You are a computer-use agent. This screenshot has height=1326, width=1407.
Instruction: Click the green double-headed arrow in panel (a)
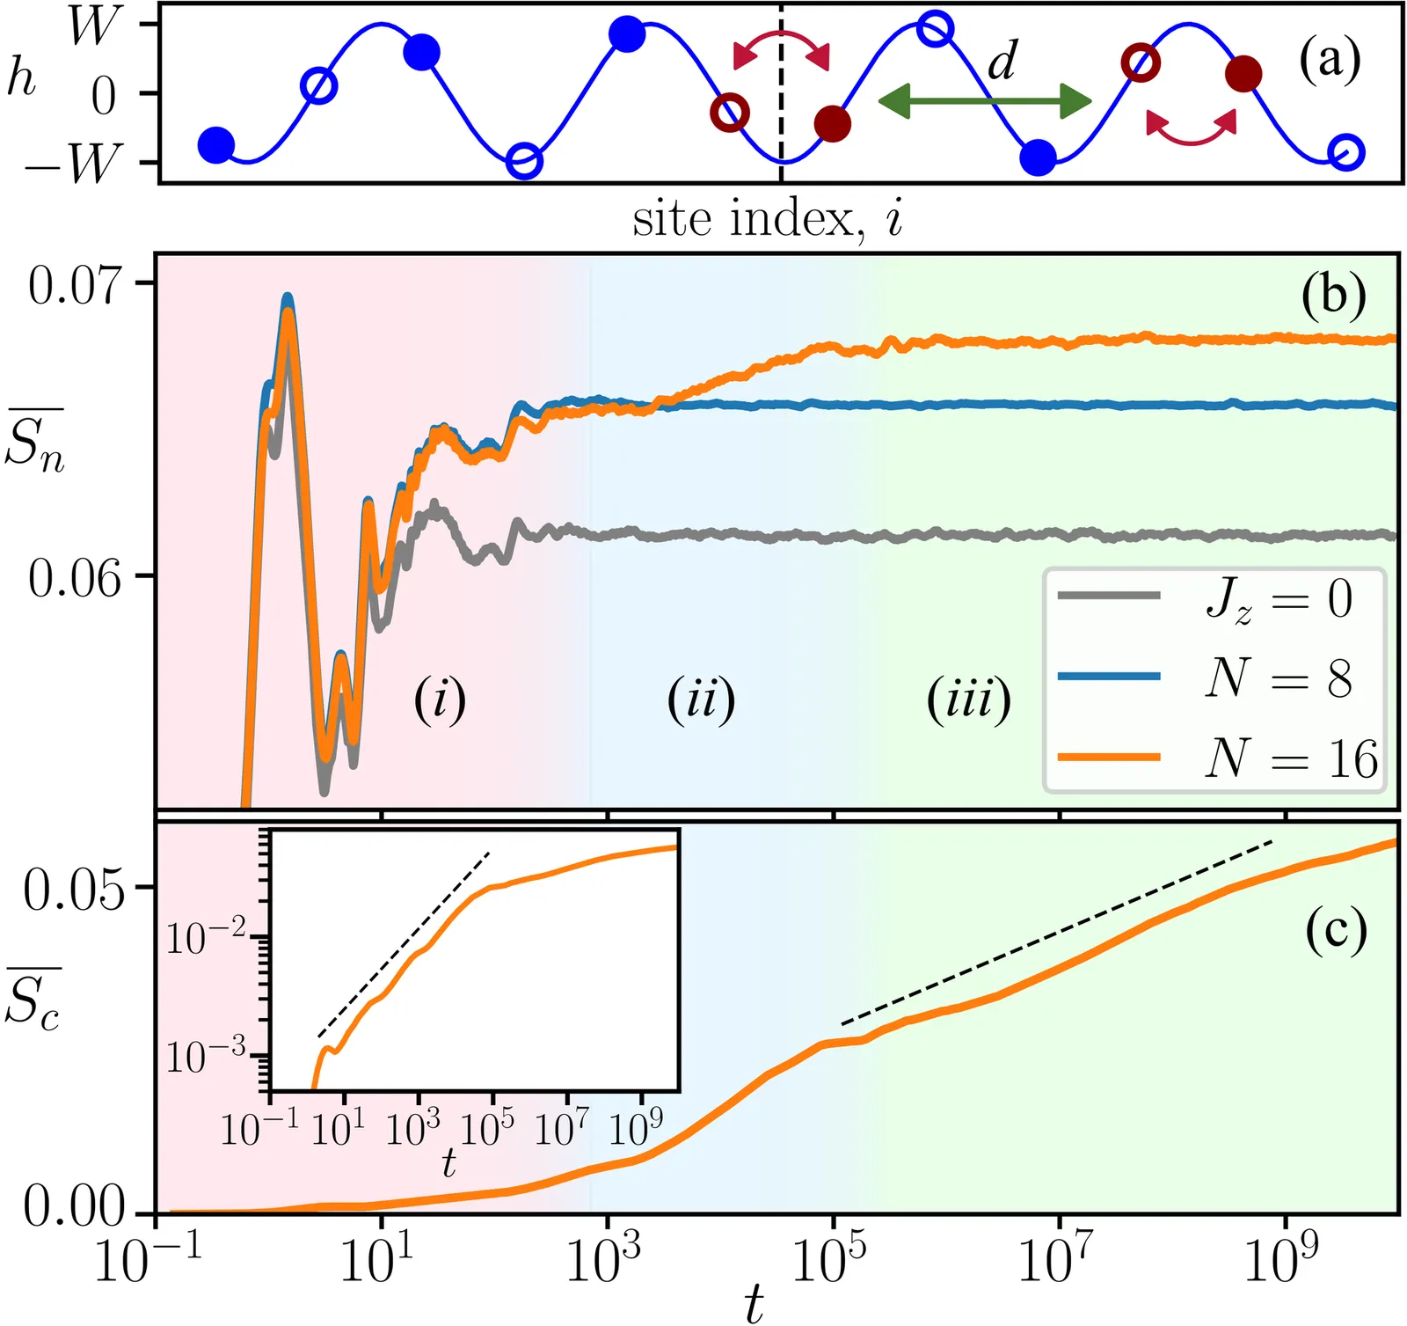[x=985, y=101]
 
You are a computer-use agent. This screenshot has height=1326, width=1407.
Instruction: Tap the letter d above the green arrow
[x=1002, y=61]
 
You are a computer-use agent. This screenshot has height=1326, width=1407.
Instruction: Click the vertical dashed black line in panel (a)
[x=781, y=92]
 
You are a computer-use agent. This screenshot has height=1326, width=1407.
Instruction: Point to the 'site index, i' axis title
[x=768, y=218]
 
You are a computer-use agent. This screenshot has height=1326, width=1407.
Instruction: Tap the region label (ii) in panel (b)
[x=701, y=700]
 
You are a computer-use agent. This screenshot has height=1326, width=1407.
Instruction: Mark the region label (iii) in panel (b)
[x=969, y=700]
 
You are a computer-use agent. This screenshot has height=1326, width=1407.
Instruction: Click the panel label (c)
[x=1336, y=931]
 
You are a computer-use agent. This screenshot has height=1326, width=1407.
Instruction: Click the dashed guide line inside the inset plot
[x=403, y=944]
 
